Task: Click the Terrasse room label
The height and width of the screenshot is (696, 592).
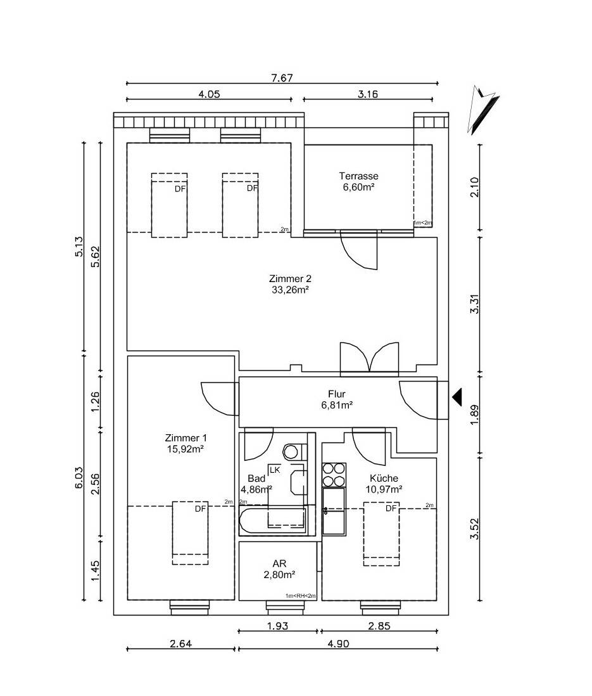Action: (358, 176)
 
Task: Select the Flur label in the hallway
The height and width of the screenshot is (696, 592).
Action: (337, 394)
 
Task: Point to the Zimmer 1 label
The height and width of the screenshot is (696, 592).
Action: (186, 437)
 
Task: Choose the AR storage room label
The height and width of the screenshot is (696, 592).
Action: (279, 564)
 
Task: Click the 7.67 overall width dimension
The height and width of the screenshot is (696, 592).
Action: (281, 77)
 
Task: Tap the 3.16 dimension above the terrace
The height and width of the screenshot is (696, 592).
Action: (368, 94)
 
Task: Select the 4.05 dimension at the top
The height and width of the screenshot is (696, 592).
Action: (209, 94)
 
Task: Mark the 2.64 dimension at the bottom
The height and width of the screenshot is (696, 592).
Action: (181, 643)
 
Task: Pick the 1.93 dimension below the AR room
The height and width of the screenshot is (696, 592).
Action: (278, 626)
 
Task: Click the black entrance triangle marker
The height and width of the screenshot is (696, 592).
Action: (458, 397)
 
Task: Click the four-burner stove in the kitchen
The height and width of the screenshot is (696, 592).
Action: (334, 475)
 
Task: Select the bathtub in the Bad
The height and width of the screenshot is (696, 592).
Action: (273, 522)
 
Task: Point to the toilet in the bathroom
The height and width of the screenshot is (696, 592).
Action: (292, 451)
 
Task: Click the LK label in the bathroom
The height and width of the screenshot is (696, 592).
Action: (275, 470)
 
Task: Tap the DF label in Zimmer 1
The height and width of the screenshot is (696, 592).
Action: (201, 508)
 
